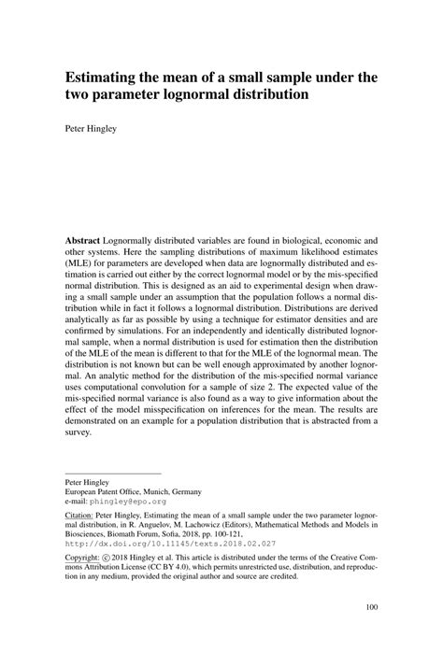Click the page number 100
[x=371, y=632]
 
